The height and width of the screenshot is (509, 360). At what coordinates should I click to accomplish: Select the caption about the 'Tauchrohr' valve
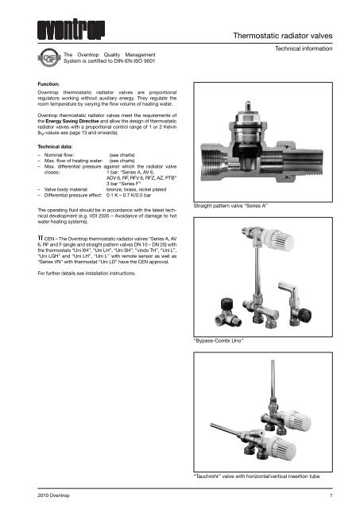click(268, 475)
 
